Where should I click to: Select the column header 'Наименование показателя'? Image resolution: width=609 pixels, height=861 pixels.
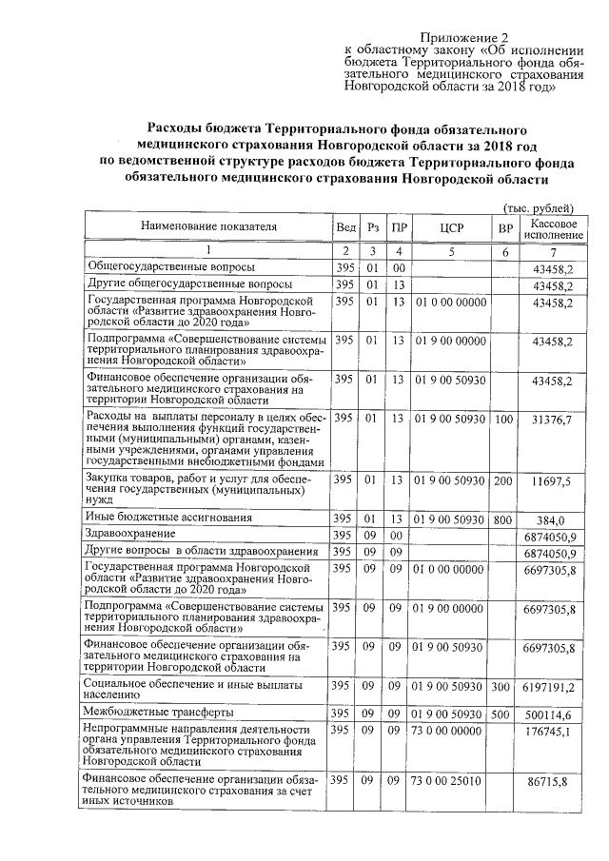click(x=209, y=228)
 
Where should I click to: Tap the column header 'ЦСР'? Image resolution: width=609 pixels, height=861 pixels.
click(x=450, y=229)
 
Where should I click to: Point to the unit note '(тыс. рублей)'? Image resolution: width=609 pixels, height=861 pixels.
click(x=539, y=208)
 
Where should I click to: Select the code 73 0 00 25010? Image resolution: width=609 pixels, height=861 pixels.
click(x=447, y=781)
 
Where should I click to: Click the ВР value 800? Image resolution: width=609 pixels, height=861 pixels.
click(x=504, y=519)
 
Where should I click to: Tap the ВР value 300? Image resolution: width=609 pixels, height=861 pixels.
click(x=504, y=686)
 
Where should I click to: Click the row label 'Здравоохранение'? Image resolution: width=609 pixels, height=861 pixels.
click(x=131, y=536)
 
